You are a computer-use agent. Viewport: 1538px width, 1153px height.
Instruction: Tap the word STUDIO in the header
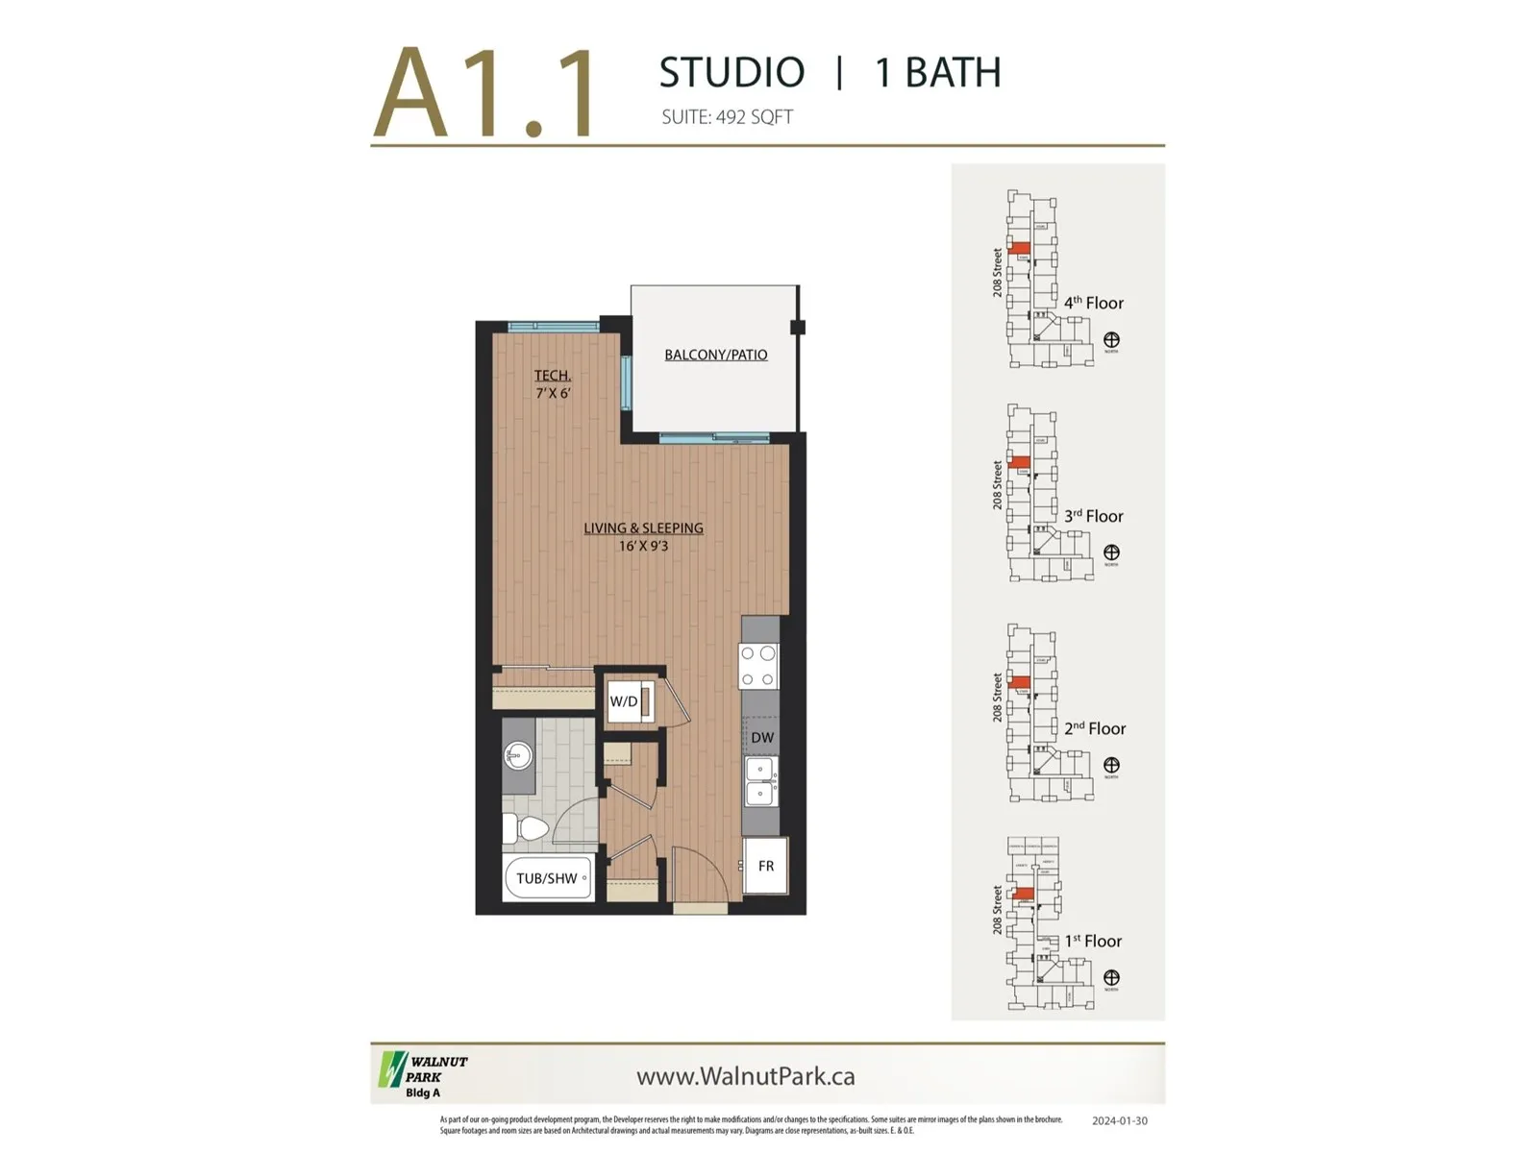(x=732, y=73)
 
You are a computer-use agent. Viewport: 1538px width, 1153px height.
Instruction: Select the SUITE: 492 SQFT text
(x=727, y=117)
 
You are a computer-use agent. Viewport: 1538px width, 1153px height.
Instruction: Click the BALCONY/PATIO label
(x=715, y=355)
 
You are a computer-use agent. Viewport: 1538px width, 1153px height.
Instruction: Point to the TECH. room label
(x=553, y=376)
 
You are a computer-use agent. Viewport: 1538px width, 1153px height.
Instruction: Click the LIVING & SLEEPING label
(x=643, y=527)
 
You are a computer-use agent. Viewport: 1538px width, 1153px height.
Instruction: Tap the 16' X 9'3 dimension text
(x=643, y=546)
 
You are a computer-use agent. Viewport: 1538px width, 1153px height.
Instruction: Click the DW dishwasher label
(x=761, y=738)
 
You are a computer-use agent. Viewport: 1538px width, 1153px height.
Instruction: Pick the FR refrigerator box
(x=765, y=866)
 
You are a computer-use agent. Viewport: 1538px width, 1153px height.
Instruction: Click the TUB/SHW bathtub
(x=547, y=878)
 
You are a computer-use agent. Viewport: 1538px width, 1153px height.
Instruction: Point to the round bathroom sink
(x=518, y=756)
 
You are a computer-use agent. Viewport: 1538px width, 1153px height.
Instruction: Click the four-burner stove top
(x=757, y=666)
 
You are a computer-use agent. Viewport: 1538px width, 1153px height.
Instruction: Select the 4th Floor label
(x=1093, y=303)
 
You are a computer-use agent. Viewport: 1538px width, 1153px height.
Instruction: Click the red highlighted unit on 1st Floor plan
(x=1024, y=895)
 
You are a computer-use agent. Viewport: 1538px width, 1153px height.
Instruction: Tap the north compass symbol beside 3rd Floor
(x=1111, y=552)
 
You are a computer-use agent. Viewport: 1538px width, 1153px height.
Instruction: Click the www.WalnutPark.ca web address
(x=745, y=1076)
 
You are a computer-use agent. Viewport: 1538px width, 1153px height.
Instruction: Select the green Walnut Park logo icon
(x=391, y=1069)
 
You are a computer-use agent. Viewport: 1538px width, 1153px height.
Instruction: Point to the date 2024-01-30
(x=1119, y=1120)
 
